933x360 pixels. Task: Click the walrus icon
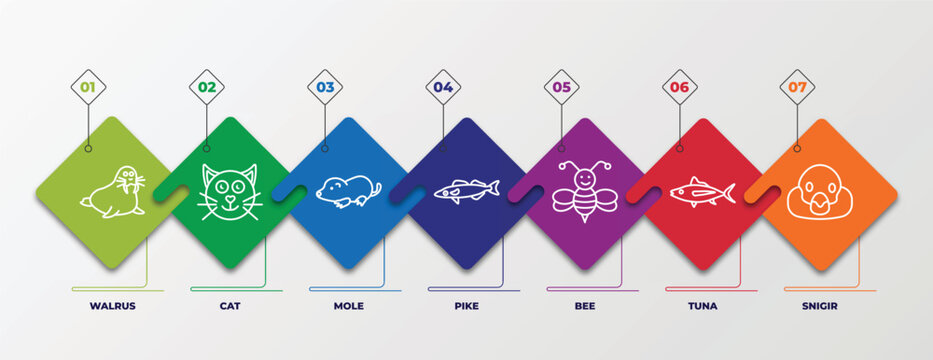[113, 192]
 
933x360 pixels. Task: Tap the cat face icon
[230, 191]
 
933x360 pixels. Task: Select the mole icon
[348, 191]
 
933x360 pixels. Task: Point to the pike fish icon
[466, 190]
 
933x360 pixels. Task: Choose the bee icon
[585, 191]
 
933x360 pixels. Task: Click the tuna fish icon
[702, 191]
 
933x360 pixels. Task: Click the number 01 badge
[88, 87]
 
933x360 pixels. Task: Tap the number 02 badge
[206, 87]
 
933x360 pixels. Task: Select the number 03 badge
[325, 87]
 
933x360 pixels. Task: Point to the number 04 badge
[443, 87]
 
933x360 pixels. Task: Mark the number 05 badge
[561, 87]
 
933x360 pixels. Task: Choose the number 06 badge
[679, 87]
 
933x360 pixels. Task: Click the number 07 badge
[797, 87]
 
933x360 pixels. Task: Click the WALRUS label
[112, 306]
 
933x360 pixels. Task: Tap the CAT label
[230, 306]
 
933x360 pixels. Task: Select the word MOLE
[348, 306]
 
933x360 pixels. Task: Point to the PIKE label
[466, 306]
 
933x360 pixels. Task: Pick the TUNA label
[702, 306]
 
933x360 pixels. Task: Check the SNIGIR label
[820, 306]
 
